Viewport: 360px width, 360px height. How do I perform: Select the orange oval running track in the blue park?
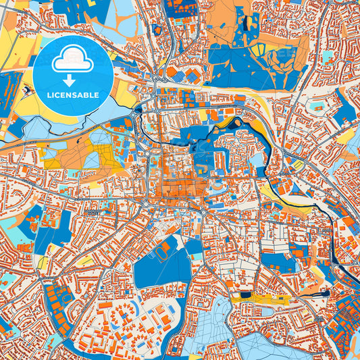(x=162, y=251)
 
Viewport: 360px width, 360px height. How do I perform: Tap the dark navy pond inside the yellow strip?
(x=244, y=294)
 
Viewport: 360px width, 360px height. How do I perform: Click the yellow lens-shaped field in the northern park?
(x=258, y=50)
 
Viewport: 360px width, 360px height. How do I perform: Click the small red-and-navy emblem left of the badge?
(x=26, y=89)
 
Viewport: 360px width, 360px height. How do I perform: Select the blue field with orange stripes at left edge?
(x=8, y=91)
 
